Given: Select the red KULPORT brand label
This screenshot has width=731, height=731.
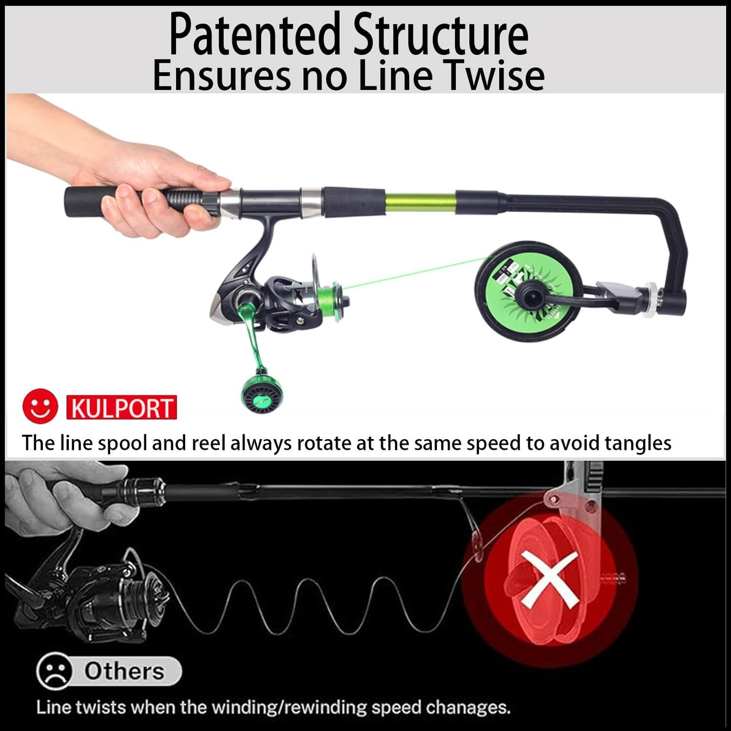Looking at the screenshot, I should [121, 408].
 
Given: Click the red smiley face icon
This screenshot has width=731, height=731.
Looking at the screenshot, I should [40, 406].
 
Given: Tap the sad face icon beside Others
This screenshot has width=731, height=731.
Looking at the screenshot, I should [55, 672].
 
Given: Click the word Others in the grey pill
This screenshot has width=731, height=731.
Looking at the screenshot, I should [124, 671].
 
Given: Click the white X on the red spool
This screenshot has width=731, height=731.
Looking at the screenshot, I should [549, 579].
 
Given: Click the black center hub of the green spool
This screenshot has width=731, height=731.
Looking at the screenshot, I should [527, 292].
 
